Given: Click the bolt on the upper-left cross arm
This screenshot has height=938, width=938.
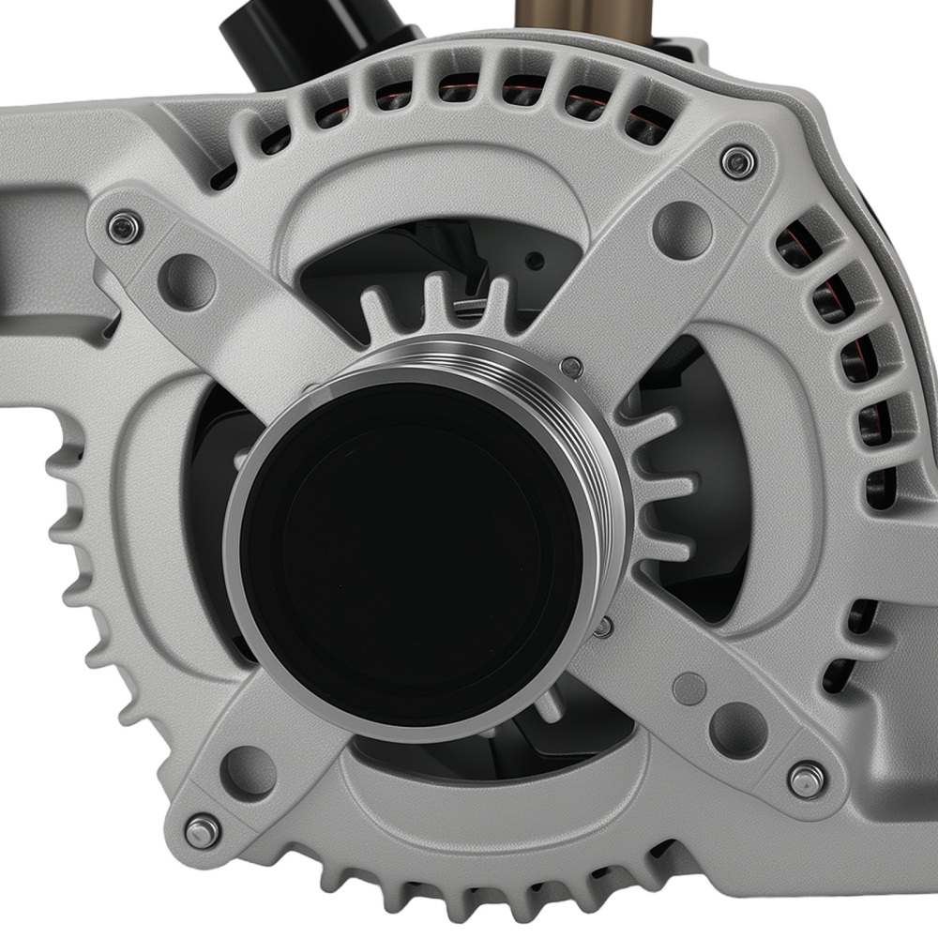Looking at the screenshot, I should pyautogui.click(x=124, y=226).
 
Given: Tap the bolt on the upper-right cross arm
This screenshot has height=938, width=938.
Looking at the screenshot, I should pyautogui.click(x=739, y=161).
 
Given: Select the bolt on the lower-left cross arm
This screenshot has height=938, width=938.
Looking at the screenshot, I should pyautogui.click(x=202, y=829).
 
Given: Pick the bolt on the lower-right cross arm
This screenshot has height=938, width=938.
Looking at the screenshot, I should pyautogui.click(x=806, y=779).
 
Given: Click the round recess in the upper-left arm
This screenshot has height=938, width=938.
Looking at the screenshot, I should pyautogui.click(x=186, y=280).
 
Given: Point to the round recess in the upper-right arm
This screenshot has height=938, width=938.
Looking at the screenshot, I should pyautogui.click(x=682, y=228).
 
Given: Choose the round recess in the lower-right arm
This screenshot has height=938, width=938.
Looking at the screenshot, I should pyautogui.click(x=737, y=729).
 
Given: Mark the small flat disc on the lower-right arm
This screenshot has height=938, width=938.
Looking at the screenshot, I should pyautogui.click(x=689, y=688).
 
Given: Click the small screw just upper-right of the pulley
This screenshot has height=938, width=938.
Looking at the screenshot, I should pyautogui.click(x=569, y=368).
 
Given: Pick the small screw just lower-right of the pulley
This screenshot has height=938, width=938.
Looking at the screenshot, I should pyautogui.click(x=604, y=626).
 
